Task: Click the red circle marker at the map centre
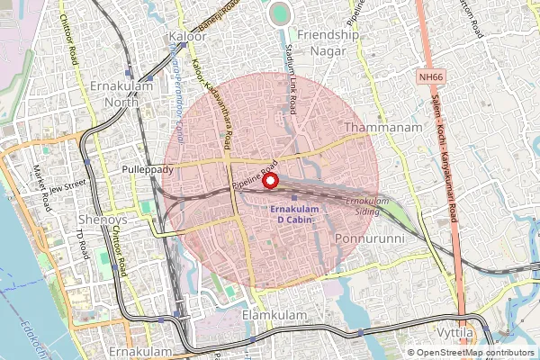click(270, 180)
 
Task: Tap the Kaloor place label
click(187, 36)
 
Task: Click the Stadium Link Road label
click(292, 80)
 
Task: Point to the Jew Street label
click(67, 187)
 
